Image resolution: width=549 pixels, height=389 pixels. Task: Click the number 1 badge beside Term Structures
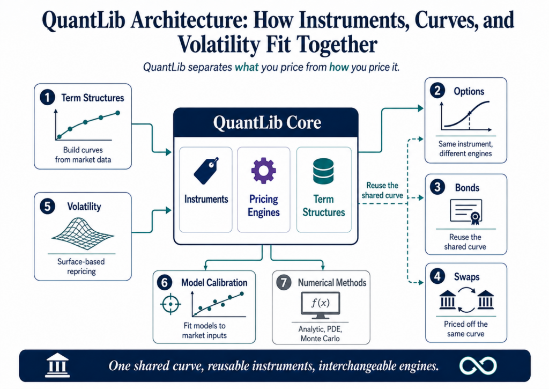tap(47, 98)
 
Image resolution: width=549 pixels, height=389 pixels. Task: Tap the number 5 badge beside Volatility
tap(47, 207)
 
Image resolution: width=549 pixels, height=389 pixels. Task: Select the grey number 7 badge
tap(284, 282)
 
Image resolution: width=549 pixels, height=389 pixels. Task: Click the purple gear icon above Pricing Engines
tap(264, 171)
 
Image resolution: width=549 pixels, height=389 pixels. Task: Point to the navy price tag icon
tap(206, 171)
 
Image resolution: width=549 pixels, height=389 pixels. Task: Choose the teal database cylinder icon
tap(323, 171)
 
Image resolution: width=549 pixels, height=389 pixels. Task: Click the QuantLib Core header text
tap(267, 123)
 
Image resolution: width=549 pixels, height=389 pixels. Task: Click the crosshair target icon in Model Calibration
tap(170, 304)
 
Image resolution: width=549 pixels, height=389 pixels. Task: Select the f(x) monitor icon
tap(321, 305)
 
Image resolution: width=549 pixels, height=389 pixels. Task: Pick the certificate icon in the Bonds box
tap(466, 212)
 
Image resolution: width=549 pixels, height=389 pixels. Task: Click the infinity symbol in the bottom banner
tap(478, 366)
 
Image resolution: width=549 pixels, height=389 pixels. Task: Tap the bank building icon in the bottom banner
tap(57, 365)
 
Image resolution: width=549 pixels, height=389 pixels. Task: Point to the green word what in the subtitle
tap(247, 67)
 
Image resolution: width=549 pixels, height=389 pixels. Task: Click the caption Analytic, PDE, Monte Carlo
tap(320, 334)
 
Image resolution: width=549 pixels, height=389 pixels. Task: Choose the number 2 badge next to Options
tap(437, 91)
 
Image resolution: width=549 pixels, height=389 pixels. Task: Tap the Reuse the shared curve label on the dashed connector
tap(382, 190)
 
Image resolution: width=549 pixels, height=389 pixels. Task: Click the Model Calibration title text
tap(214, 282)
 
